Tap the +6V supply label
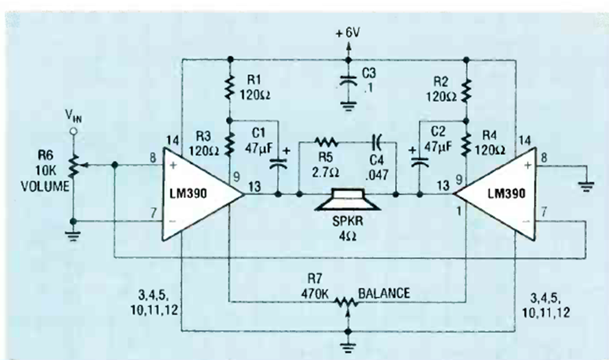point(348,32)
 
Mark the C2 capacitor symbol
point(417,164)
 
